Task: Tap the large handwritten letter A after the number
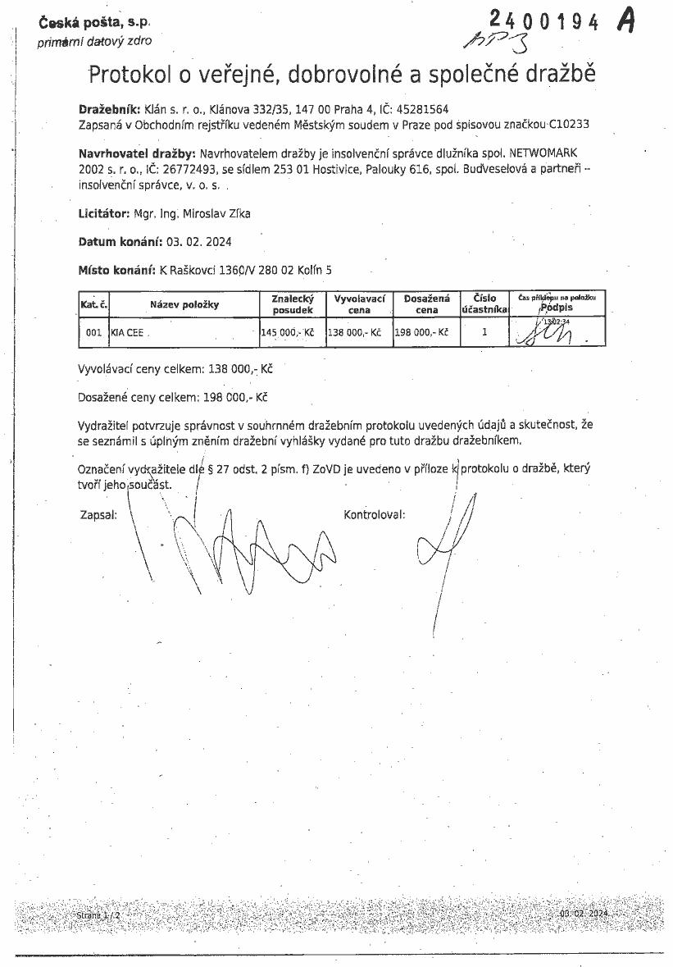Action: click(x=625, y=21)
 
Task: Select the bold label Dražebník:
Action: click(x=110, y=109)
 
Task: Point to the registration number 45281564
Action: click(x=421, y=109)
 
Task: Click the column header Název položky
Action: click(x=184, y=305)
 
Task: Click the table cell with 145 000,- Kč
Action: click(x=287, y=333)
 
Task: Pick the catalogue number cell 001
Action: click(x=93, y=333)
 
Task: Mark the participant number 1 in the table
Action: click(x=484, y=332)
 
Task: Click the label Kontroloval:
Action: click(x=375, y=515)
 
